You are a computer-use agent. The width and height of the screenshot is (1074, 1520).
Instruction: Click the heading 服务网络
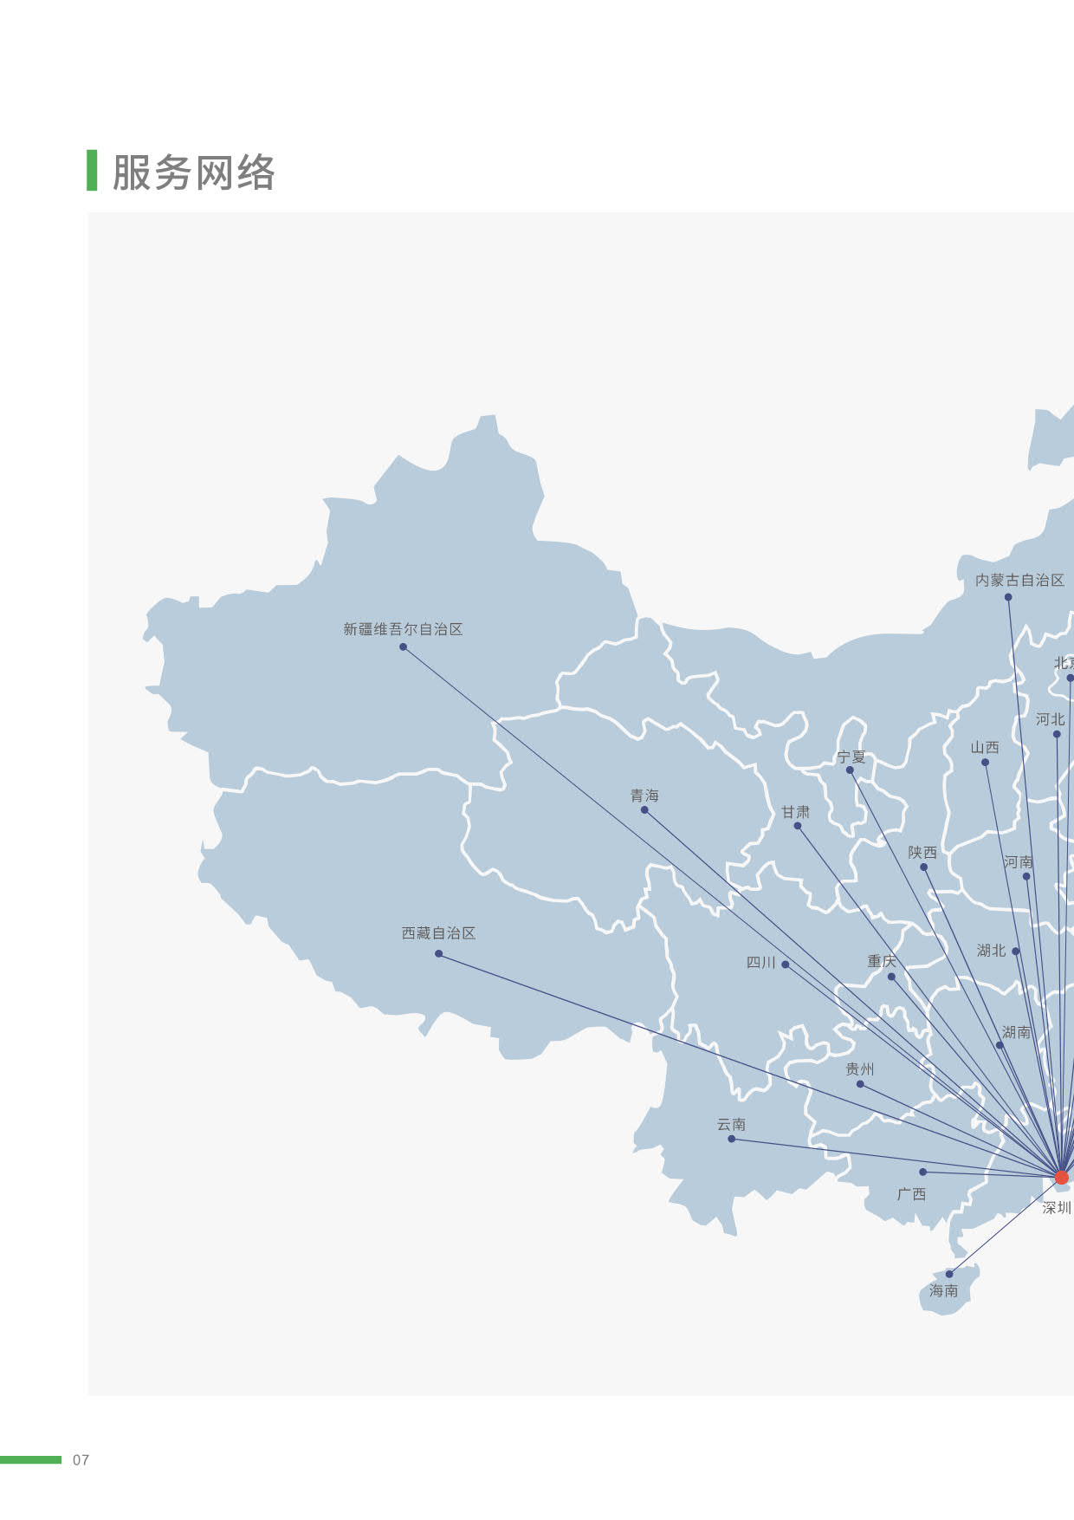[193, 172]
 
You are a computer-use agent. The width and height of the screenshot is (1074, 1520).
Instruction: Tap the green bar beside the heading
[92, 170]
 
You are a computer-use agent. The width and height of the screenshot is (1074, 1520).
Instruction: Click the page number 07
[81, 1460]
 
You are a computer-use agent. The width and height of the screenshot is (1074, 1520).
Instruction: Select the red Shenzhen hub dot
[1062, 1177]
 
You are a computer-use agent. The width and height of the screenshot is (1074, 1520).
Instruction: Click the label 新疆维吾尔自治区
[403, 629]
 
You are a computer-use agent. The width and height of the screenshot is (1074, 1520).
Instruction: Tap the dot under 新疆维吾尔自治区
[403, 646]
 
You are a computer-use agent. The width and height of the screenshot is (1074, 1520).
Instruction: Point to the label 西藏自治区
[438, 933]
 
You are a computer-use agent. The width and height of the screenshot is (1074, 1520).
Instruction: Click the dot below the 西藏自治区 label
[438, 953]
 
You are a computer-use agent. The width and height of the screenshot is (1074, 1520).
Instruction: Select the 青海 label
[644, 796]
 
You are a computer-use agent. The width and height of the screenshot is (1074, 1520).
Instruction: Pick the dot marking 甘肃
[798, 826]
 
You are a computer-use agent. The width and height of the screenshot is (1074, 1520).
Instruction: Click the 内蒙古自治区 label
[1019, 580]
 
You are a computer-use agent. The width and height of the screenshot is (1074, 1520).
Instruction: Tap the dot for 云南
[732, 1139]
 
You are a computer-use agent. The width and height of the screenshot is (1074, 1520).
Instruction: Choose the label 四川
[761, 962]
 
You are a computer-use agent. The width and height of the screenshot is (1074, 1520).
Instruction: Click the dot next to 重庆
[891, 977]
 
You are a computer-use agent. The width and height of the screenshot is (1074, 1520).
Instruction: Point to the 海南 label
[943, 1290]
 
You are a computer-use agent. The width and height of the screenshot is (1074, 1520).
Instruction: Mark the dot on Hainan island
[949, 1274]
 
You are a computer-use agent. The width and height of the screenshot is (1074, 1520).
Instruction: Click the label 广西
[911, 1194]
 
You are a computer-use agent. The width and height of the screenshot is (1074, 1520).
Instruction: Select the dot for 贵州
[860, 1084]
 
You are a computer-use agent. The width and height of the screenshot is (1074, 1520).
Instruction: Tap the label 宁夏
[851, 757]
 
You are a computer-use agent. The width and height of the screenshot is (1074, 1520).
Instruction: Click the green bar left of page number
[30, 1460]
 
